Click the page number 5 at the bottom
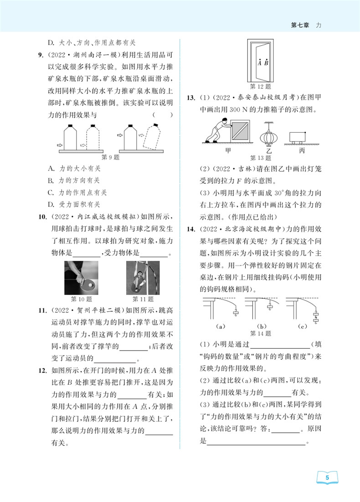[x=327, y=478]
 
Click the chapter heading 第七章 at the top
[x=300, y=26]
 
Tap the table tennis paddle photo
[x=82, y=277]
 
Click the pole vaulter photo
[x=143, y=277]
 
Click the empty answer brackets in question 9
[x=163, y=115]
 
